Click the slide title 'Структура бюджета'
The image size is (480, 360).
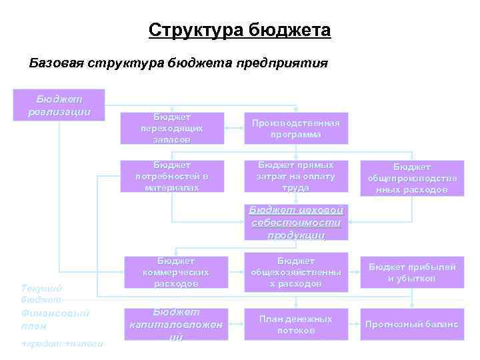pos(239,31)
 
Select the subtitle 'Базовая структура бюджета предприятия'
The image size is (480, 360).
pos(178,63)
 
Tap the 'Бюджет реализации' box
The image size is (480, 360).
pos(59,105)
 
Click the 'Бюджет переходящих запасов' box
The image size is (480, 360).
pos(171,128)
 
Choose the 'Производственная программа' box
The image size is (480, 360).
pos(295,128)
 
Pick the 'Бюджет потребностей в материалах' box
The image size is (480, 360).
pos(171,176)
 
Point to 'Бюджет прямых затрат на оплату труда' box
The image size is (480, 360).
pos(295,176)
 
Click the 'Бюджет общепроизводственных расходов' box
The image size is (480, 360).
pos(411,178)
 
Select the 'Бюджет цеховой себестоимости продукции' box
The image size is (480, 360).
pos(295,222)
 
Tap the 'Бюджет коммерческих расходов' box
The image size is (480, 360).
pos(175,272)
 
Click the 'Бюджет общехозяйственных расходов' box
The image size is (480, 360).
pos(295,272)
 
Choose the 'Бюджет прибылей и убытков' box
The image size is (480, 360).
pos(411,272)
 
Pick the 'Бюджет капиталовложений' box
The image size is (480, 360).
pos(175,325)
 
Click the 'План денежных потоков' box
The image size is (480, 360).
pos(295,325)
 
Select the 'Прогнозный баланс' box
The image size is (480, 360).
pos(411,325)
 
